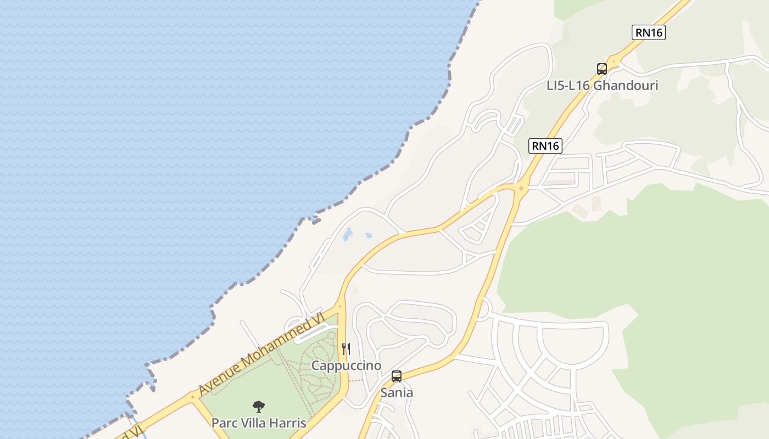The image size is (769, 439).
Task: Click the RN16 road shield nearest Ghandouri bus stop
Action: [649, 33]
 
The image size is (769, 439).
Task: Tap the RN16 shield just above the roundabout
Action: [545, 146]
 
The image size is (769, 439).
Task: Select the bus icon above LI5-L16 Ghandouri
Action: [602, 69]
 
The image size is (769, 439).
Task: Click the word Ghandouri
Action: [626, 86]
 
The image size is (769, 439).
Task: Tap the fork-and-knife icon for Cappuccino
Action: [346, 348]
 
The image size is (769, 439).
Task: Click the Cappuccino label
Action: [346, 365]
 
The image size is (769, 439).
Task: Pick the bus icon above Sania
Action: [397, 376]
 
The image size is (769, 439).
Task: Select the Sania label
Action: [397, 393]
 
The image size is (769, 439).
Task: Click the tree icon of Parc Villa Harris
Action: [259, 407]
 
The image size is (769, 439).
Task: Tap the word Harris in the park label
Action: [288, 424]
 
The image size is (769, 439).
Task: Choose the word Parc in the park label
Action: [225, 424]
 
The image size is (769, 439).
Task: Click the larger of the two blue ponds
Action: [348, 235]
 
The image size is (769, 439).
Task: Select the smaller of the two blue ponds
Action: [368, 235]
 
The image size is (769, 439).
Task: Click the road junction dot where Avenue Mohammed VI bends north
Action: [340, 306]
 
